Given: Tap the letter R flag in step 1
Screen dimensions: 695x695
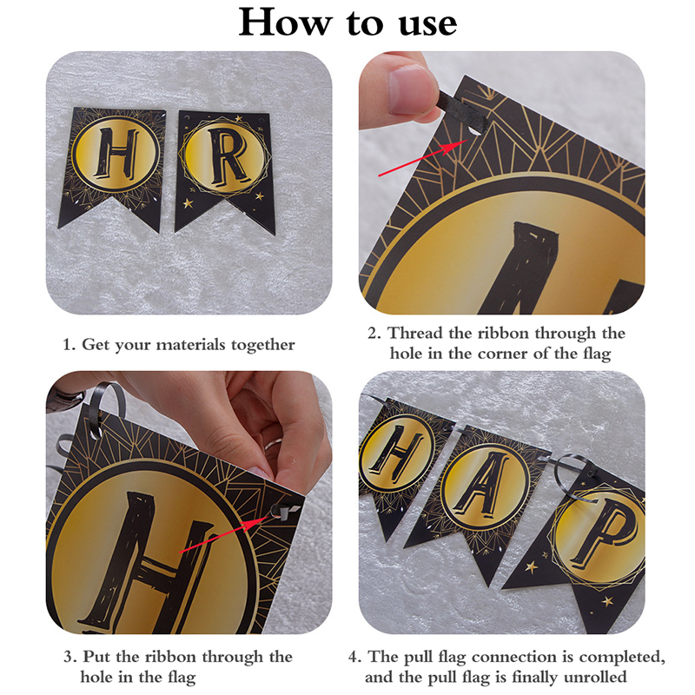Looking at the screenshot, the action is pos(224,170).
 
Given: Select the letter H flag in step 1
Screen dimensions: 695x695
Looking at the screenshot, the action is pos(113,166).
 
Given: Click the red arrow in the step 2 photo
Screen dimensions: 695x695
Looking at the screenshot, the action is pos(422,158).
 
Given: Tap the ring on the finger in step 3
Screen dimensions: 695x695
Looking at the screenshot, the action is pos(274,443).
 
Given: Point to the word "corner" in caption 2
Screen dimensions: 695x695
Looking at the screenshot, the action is pos(502,354).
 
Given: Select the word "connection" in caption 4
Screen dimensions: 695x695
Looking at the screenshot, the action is pos(514,657).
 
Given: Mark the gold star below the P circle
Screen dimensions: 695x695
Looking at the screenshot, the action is pos(607,601).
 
